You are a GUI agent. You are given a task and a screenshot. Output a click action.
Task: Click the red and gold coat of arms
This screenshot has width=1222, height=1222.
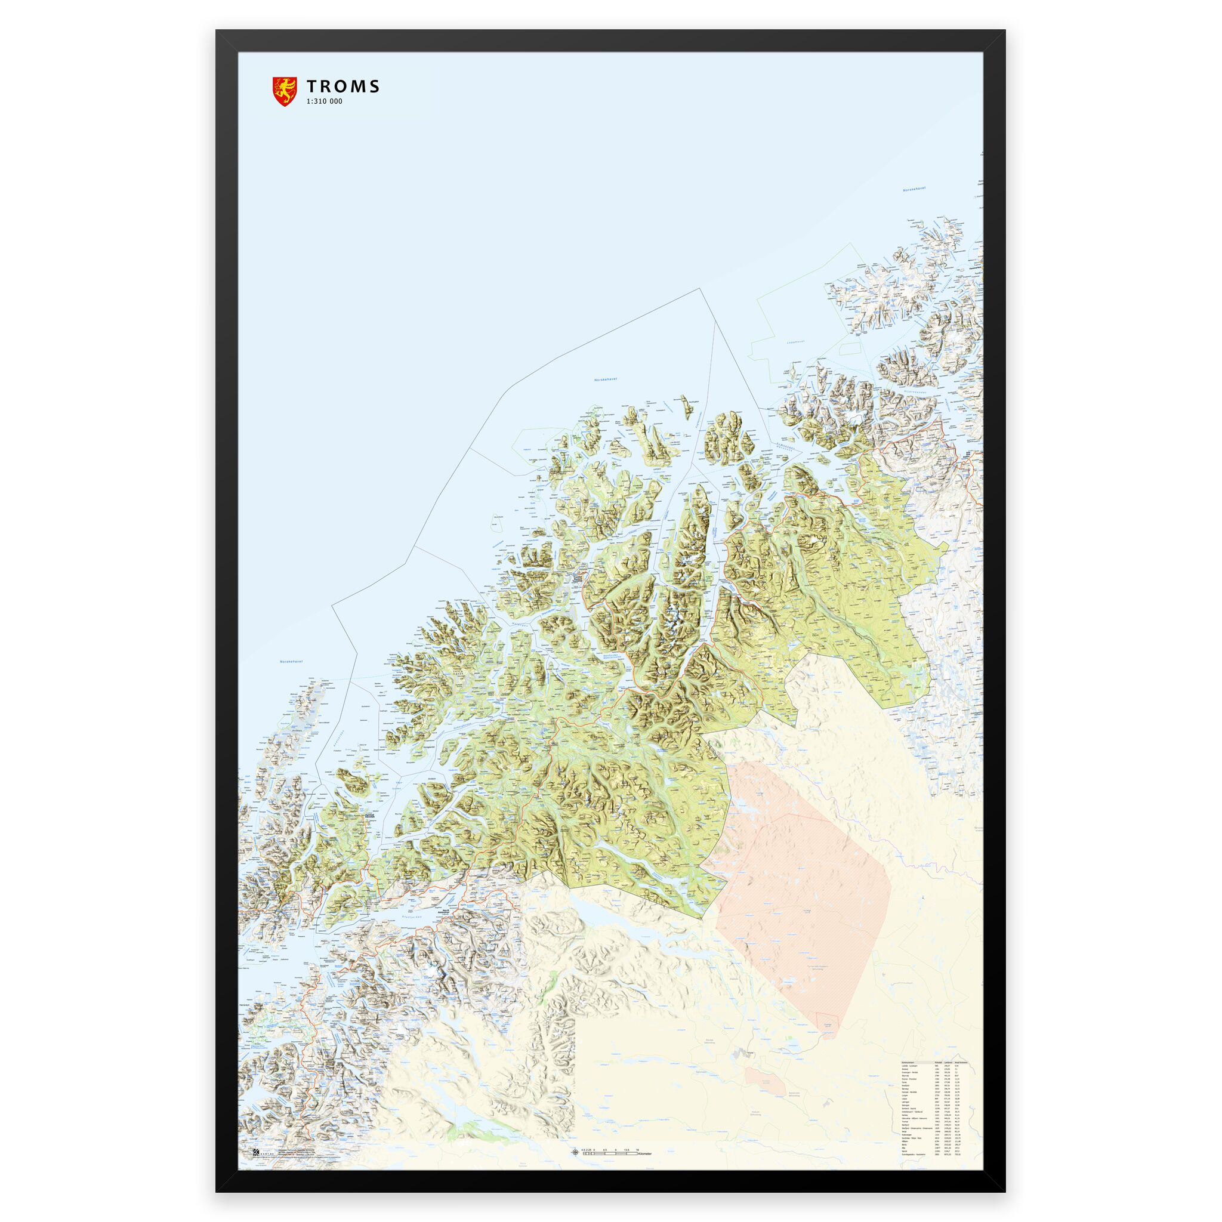coord(284,91)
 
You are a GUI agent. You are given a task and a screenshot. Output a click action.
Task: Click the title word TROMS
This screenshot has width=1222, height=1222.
coord(343,87)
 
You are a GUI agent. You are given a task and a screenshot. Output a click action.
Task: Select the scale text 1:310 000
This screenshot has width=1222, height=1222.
coord(324,101)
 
